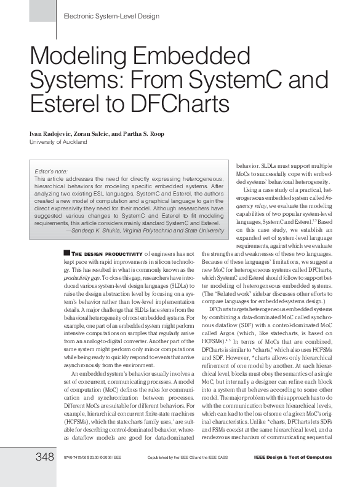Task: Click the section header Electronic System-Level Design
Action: pyautogui.click(x=111, y=16)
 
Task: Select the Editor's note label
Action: pyautogui.click(x=51, y=170)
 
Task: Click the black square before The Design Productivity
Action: pyautogui.click(x=66, y=253)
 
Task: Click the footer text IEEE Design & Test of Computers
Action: pyautogui.click(x=293, y=457)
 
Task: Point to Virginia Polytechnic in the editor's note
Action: pyautogui.click(x=166, y=231)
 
